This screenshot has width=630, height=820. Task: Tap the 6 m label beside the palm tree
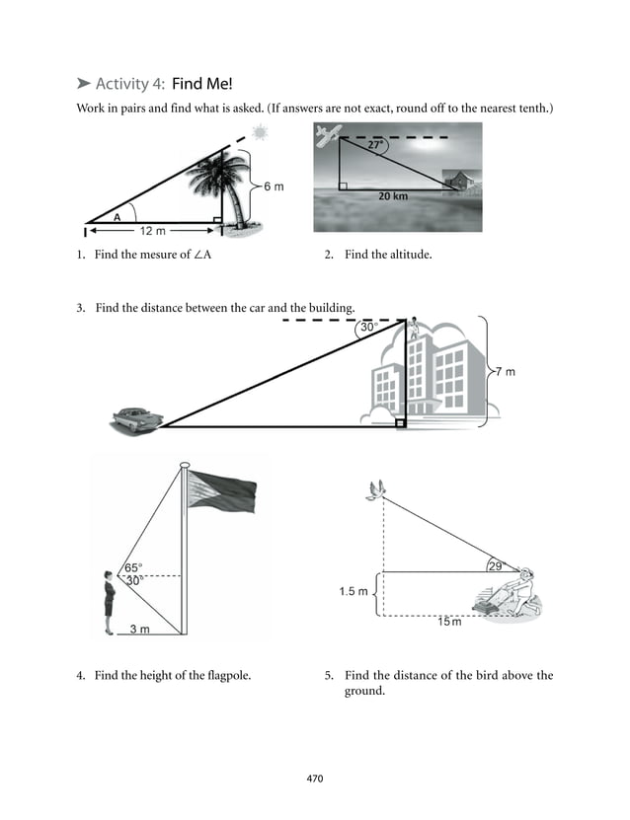(x=274, y=187)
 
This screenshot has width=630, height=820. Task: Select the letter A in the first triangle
(x=117, y=215)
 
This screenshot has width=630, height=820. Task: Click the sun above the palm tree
(x=260, y=133)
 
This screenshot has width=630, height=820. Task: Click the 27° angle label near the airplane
(x=376, y=144)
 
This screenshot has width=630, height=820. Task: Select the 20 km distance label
(x=393, y=196)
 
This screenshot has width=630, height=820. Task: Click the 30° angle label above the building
(x=368, y=328)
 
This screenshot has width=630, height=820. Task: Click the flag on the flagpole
(x=222, y=490)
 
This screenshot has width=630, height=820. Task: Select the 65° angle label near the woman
(x=133, y=567)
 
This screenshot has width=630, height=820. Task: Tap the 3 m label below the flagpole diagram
(x=141, y=628)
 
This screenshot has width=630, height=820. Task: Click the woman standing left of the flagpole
(x=110, y=602)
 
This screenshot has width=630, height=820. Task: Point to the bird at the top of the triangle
(x=374, y=490)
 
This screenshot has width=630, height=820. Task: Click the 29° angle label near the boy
(x=496, y=565)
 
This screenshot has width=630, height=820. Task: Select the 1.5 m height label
(x=354, y=592)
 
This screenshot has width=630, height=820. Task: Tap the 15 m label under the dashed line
(x=449, y=622)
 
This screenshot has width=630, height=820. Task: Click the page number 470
(x=315, y=780)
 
